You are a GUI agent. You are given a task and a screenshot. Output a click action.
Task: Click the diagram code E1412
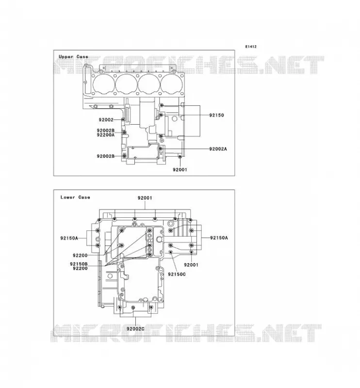click(251, 47)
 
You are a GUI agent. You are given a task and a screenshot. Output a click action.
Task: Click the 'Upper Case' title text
click(73, 57)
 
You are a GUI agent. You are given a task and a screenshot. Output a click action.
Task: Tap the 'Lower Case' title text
click(75, 197)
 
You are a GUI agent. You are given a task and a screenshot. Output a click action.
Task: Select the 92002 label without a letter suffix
click(106, 120)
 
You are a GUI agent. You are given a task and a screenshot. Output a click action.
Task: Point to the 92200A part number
click(105, 135)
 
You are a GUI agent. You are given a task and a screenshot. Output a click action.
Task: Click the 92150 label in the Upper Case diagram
click(216, 115)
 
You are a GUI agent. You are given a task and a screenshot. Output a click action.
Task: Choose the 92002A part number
click(218, 149)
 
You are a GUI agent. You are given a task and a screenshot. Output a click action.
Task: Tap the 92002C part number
click(135, 329)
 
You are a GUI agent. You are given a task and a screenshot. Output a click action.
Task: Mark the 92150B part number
click(79, 264)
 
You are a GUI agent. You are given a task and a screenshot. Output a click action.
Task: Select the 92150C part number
click(177, 274)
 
